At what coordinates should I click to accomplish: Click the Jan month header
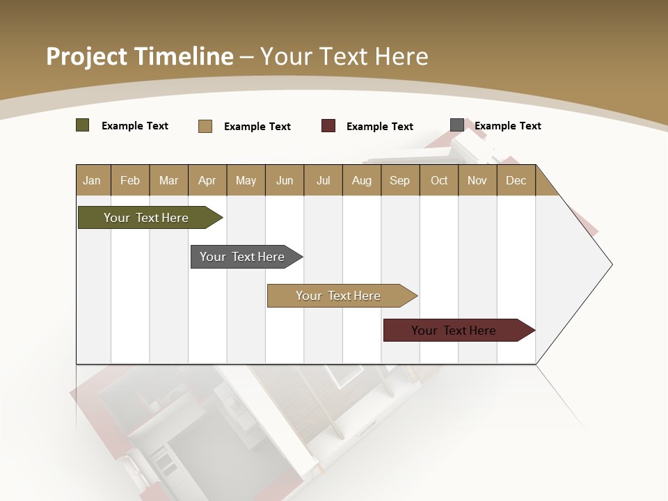[x=93, y=180]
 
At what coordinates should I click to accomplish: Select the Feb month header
[x=130, y=180]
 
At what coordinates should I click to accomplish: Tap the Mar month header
[x=168, y=180]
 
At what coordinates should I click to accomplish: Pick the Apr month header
[x=207, y=180]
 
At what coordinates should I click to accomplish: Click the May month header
[x=246, y=180]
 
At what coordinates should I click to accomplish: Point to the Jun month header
[x=285, y=180]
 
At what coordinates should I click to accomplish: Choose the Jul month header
[x=323, y=180]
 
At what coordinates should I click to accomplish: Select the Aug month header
[x=362, y=180]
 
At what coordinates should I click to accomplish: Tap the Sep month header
[x=400, y=180]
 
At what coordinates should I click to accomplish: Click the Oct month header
[x=439, y=180]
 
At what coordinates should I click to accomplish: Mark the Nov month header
[x=477, y=180]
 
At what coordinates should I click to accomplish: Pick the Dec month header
[x=516, y=180]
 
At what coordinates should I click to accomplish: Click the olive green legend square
[x=83, y=125]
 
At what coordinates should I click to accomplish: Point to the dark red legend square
[x=328, y=126]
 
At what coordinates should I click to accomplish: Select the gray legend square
[x=457, y=125]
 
